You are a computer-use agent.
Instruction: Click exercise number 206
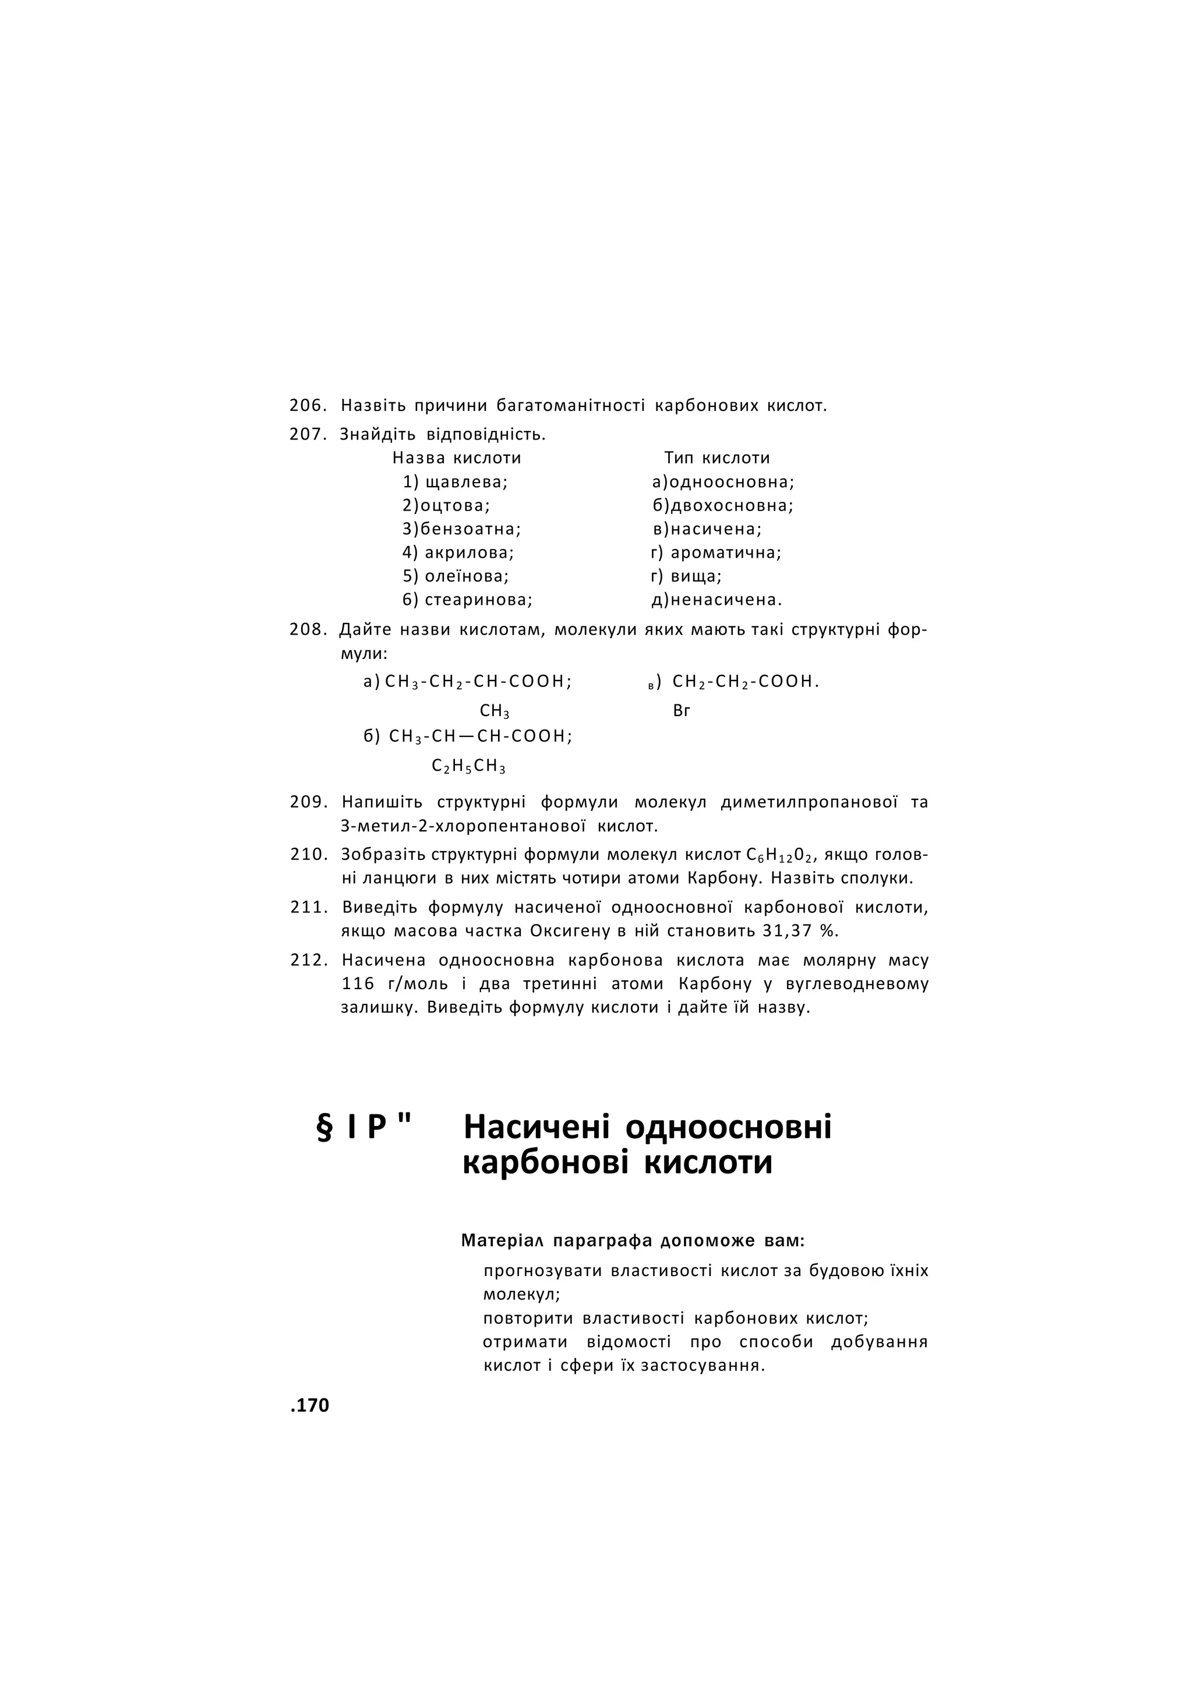(307, 405)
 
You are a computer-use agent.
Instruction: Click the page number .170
(310, 1405)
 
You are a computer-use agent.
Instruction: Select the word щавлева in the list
(467, 483)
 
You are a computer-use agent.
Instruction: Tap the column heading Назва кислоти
(456, 458)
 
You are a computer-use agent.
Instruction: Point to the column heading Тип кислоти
(717, 458)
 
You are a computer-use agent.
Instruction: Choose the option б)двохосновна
(723, 506)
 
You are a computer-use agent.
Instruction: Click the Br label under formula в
(681, 711)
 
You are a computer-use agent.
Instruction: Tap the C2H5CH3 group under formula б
(469, 767)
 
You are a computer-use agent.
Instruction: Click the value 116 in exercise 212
(358, 984)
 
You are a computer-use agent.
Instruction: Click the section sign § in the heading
(324, 1127)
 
